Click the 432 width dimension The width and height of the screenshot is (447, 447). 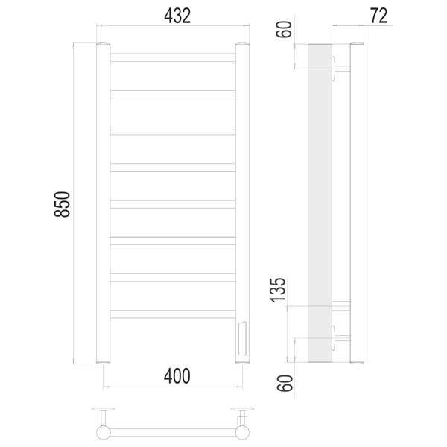click(x=177, y=16)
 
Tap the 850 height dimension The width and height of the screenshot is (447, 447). click(x=62, y=204)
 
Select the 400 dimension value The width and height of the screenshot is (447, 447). click(x=177, y=376)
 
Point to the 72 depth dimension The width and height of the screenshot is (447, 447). click(x=379, y=16)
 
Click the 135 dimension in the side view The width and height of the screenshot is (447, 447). click(x=278, y=290)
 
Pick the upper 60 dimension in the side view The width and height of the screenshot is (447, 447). click(x=284, y=29)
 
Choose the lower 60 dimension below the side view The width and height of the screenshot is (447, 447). click(x=285, y=383)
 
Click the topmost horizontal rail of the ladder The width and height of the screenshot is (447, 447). click(x=173, y=57)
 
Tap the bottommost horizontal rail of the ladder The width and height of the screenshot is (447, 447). click(x=173, y=314)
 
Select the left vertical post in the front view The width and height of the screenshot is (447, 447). click(x=104, y=203)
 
